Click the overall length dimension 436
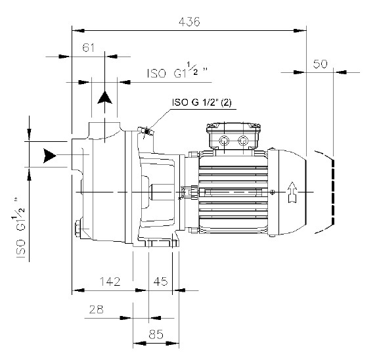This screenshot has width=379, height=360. click(x=190, y=21)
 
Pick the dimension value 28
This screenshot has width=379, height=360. click(x=96, y=309)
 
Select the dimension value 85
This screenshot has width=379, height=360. click(x=156, y=334)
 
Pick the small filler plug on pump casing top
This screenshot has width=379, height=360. click(x=146, y=133)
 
